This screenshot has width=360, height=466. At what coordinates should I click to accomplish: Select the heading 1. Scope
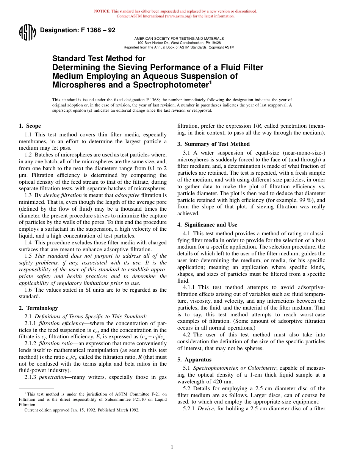[x=30, y=126]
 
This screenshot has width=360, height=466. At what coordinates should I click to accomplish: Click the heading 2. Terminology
[x=38, y=308]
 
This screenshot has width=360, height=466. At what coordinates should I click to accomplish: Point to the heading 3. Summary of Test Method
[x=214, y=144]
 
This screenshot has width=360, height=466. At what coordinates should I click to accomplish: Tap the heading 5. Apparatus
[x=194, y=360]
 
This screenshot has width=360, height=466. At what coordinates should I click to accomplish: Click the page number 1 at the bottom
[x=172, y=447]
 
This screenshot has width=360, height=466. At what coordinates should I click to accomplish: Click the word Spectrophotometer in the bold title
[x=169, y=85]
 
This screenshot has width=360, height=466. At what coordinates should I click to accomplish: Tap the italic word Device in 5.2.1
[x=205, y=408]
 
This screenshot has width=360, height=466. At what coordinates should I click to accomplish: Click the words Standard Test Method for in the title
[x=99, y=59]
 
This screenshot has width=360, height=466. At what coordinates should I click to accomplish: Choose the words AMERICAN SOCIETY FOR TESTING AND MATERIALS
[x=179, y=39]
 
